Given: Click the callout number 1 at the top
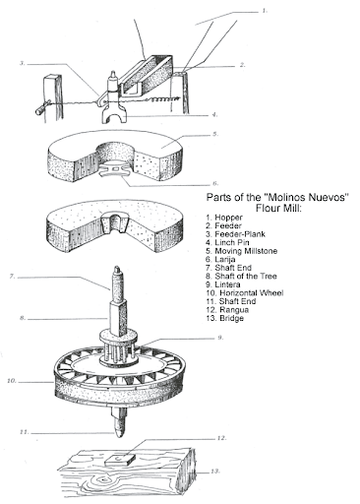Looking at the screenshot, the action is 265,11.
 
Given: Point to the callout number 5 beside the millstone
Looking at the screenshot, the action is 215,134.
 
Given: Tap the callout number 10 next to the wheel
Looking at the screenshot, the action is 12,381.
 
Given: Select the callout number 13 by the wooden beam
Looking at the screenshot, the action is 214,472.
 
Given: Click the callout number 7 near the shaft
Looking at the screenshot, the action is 13,277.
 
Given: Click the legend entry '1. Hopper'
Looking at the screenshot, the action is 224,218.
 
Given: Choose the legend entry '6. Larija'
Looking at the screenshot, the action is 220,259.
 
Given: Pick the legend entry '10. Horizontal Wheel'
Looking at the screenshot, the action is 245,292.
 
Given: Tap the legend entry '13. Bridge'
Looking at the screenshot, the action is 225,318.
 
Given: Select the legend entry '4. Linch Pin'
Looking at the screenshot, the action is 227,242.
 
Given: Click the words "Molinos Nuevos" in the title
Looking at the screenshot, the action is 306,197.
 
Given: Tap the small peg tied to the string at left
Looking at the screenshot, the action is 41,108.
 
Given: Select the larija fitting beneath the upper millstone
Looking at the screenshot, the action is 115,169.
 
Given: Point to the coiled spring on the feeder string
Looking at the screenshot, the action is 161,99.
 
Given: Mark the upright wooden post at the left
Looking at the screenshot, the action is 53,98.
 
